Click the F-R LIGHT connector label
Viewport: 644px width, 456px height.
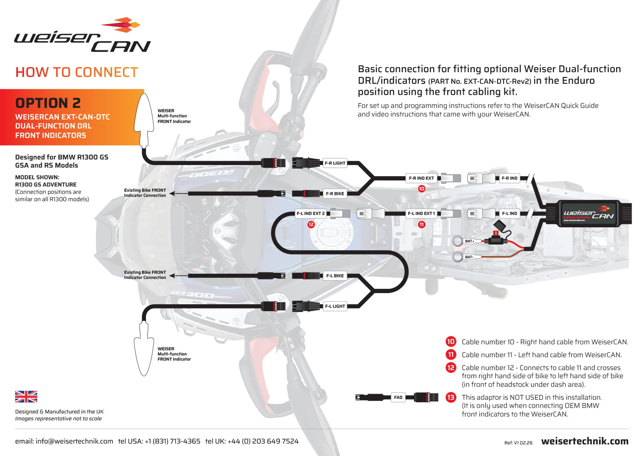(x=335, y=163)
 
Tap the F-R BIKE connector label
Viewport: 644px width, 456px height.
(x=335, y=194)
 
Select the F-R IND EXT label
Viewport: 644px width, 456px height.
(x=421, y=178)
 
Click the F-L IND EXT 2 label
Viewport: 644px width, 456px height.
(x=311, y=214)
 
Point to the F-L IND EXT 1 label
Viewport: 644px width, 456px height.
(x=421, y=214)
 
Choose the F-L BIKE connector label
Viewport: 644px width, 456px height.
(x=335, y=276)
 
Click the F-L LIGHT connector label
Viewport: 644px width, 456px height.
(x=335, y=306)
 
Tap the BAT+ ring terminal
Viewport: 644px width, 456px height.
(x=457, y=241)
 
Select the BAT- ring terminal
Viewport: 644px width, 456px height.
(x=457, y=257)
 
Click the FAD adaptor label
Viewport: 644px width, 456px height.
(x=398, y=398)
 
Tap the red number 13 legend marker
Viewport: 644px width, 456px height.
(x=451, y=398)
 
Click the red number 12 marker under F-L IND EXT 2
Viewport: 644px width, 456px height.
(x=311, y=224)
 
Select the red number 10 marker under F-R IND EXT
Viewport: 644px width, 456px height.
(x=422, y=189)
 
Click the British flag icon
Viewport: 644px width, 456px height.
(x=26, y=397)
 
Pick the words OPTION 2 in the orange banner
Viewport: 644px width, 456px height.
(x=48, y=103)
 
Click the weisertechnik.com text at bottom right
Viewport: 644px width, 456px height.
(x=585, y=441)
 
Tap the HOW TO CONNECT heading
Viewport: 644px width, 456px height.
(x=77, y=72)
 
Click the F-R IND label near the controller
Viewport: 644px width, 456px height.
(x=510, y=178)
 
